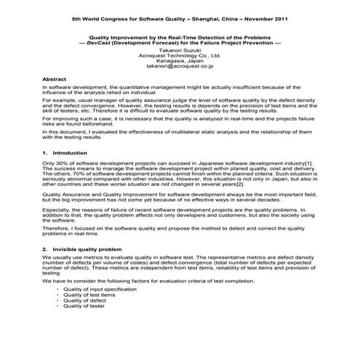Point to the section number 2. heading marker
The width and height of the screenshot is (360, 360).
coord(46,249)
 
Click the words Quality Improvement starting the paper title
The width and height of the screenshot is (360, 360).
coord(117,36)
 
